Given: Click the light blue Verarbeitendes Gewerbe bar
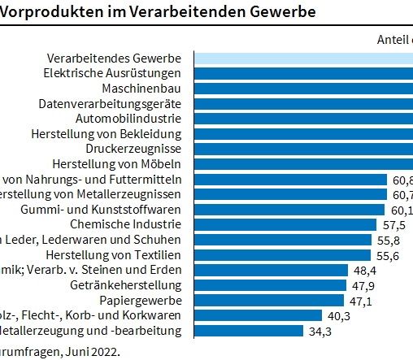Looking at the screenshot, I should point(302,58).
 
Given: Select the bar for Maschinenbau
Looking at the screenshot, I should point(302,88).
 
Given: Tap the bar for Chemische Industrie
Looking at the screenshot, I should point(285,224).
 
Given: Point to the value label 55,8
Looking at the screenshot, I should point(385,240).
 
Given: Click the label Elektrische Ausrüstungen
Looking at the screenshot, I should point(111,73).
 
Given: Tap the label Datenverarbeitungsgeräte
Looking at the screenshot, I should point(109,103).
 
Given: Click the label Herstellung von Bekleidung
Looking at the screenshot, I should point(106,133).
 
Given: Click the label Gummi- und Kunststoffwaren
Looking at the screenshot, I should point(100,210).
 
